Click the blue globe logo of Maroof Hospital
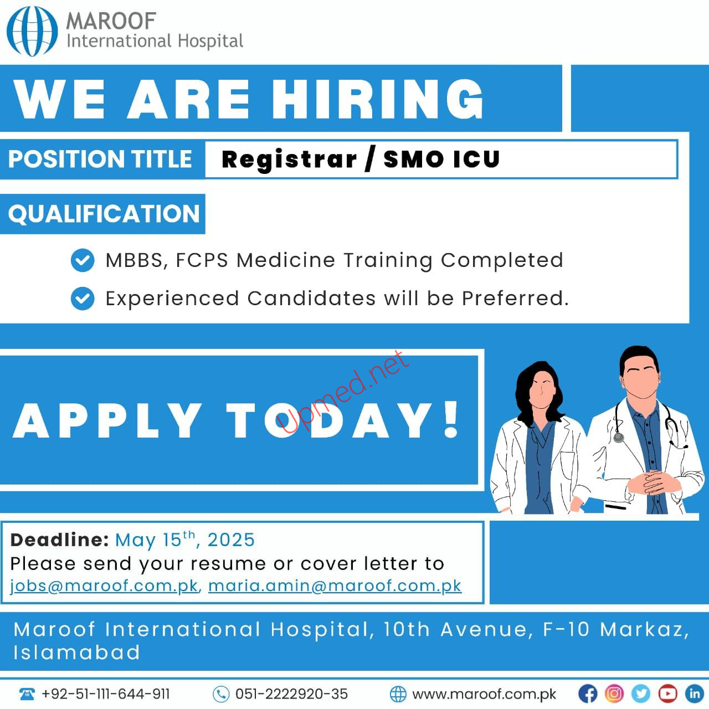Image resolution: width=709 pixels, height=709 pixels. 32,31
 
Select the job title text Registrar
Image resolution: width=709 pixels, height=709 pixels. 289,160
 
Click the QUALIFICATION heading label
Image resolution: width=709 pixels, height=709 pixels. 104,213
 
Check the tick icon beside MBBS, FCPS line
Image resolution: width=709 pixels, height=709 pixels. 83,260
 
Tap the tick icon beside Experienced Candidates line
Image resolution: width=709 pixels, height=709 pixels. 83,299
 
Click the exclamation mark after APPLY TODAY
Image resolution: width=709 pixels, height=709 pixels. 451,419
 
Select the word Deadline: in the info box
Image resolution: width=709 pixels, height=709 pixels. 60,540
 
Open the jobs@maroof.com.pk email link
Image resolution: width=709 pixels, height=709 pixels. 104,585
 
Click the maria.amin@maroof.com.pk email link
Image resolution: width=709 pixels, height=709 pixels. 335,585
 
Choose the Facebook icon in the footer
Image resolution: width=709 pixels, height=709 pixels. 588,694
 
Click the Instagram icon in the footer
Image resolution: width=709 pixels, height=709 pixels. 614,694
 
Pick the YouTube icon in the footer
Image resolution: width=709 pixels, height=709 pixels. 667,694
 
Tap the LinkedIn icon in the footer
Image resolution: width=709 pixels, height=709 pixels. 694,694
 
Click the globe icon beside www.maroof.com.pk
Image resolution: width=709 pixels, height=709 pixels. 398,694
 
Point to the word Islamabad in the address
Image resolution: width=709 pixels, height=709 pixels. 77,653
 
